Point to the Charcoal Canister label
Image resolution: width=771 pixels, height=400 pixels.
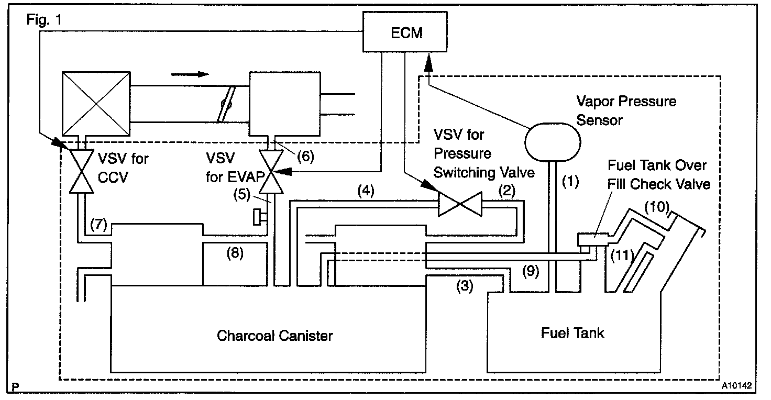click(274, 335)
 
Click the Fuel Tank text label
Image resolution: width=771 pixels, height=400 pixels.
click(572, 333)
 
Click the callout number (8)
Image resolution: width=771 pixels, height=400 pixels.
click(236, 253)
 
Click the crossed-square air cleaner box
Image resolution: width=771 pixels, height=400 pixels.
click(96, 103)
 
